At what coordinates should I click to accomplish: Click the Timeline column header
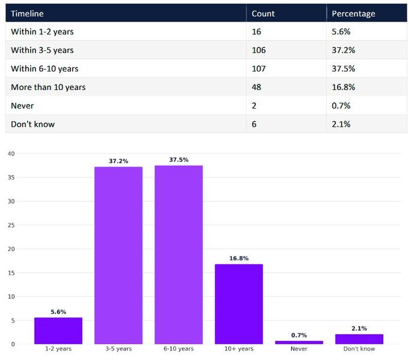[27, 13]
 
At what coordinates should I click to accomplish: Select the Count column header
[263, 13]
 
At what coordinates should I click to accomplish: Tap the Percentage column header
[353, 13]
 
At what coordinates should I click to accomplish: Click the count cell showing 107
[259, 68]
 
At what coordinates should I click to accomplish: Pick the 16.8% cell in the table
[344, 87]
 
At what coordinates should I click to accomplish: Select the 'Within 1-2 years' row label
[42, 31]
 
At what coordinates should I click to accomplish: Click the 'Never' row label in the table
[22, 106]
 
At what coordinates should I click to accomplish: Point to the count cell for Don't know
[255, 124]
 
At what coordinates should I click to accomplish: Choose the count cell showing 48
[256, 87]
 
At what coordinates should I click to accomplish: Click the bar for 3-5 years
[118, 255]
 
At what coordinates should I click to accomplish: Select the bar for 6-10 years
[178, 254]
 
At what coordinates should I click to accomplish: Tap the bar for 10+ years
[238, 304]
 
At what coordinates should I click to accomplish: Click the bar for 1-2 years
[58, 331]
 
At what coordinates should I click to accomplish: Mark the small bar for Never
[298, 342]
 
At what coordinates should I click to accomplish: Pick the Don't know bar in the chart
[359, 339]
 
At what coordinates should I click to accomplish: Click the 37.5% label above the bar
[178, 160]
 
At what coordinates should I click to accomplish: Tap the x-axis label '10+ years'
[238, 349]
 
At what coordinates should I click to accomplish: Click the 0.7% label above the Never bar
[298, 335]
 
